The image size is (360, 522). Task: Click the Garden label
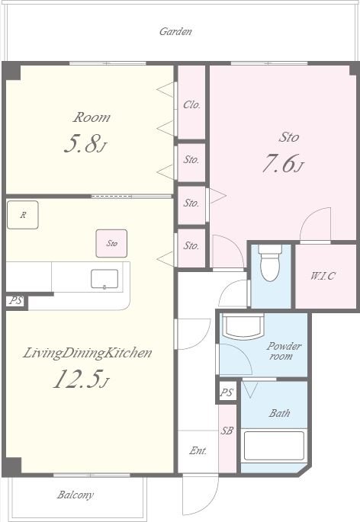tap(175, 32)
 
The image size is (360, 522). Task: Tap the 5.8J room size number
tap(85, 144)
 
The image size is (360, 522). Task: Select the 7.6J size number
tap(283, 163)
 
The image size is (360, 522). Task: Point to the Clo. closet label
tap(191, 105)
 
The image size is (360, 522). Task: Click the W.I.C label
tap(323, 276)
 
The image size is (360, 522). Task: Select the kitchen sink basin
tap(104, 279)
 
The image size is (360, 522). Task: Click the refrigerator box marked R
tap(23, 215)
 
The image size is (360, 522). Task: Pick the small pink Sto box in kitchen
tap(111, 243)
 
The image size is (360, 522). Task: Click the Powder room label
tap(283, 351)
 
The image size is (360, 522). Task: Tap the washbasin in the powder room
tap(243, 327)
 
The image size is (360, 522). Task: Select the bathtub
tap(274, 446)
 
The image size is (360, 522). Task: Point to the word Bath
tap(279, 413)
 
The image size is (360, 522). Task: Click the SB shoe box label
tap(227, 431)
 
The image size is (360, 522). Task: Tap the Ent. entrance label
tap(198, 450)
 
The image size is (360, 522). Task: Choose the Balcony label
tap(75, 495)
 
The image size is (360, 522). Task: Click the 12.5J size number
tap(81, 379)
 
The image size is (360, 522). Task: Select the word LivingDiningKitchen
tap(88, 353)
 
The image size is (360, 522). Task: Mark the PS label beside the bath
tap(227, 392)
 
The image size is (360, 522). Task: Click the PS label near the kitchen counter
tap(16, 300)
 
